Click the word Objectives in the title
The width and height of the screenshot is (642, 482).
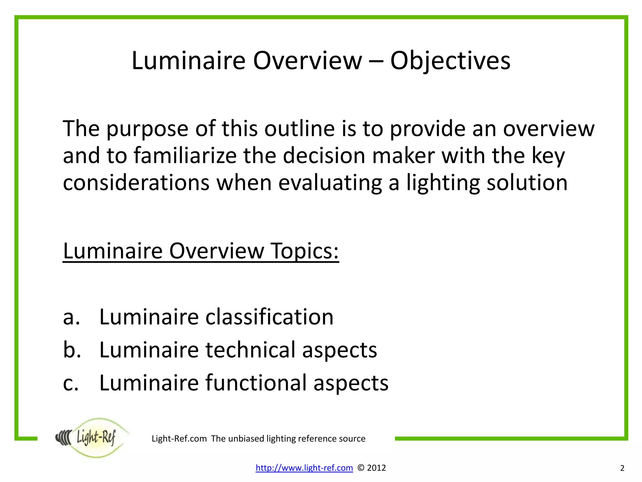pos(450,61)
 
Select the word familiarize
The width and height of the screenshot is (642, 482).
pos(185,156)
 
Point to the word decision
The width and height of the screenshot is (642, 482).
pos(324,156)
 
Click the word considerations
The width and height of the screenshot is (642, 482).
pos(136,183)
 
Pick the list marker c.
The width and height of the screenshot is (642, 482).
pos(71,383)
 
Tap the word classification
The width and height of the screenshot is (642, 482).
pos(270,317)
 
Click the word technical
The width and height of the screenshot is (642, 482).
pos(250,350)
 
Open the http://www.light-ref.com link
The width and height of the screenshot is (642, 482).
pos(304,468)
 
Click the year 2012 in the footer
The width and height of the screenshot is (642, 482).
pos(376,468)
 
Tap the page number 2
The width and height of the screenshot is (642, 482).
pos(622,469)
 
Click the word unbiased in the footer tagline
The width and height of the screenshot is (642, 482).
pos(246,439)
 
